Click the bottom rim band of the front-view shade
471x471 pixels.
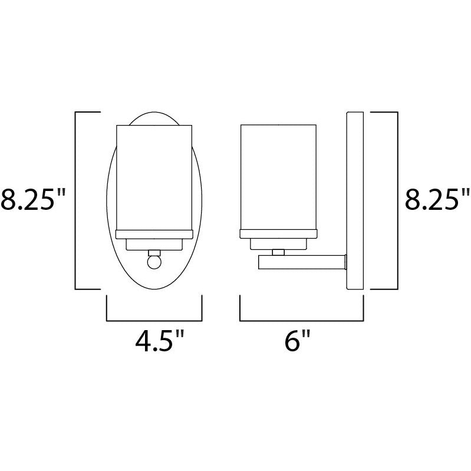point(154,233)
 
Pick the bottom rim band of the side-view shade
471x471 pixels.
point(279,233)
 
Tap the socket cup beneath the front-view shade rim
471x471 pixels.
point(154,243)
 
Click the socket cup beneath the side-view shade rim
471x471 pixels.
point(279,243)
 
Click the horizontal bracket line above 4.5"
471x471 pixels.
point(154,320)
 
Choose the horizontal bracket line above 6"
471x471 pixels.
point(302,320)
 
